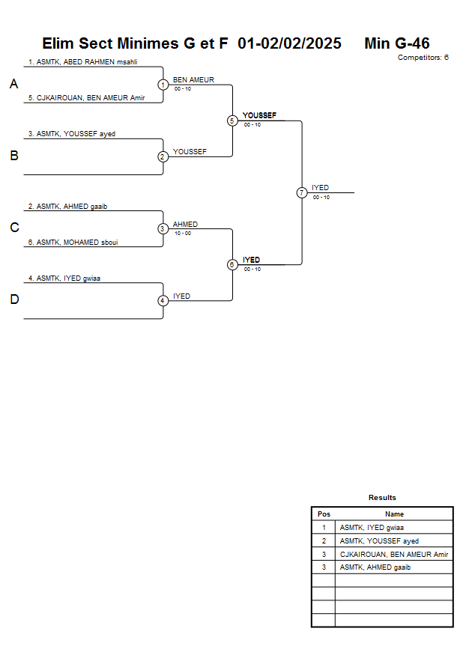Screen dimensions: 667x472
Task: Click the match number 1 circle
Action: (x=163, y=85)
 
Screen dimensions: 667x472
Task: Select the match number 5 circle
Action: (x=232, y=121)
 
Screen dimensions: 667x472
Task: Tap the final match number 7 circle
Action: (x=302, y=192)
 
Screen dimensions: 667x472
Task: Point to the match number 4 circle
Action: (x=163, y=301)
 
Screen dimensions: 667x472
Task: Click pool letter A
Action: (x=13, y=85)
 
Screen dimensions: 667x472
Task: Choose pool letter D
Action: (x=13, y=300)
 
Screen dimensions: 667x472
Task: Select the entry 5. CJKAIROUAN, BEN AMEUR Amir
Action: (x=86, y=98)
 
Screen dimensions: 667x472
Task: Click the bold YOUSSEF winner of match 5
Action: (x=259, y=115)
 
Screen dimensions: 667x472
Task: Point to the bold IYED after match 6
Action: (x=251, y=260)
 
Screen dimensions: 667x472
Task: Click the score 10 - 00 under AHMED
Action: (x=182, y=233)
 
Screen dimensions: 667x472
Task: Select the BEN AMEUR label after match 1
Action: (x=193, y=79)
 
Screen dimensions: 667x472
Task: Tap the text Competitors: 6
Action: (x=423, y=58)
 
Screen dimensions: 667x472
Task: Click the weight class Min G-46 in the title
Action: (x=396, y=43)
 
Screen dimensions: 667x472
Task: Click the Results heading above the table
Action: (x=382, y=497)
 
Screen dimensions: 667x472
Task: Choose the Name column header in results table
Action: (x=394, y=514)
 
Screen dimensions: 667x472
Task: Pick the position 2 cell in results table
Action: (x=324, y=540)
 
